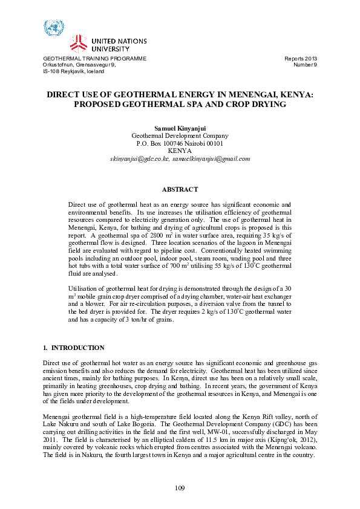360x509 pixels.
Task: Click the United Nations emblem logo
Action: coord(53,28)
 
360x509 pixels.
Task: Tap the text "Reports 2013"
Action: coord(301,59)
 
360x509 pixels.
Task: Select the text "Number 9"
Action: coord(305,65)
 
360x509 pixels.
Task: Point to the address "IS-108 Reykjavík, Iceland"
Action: coord(73,71)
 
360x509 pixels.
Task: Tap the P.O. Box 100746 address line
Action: coord(180,144)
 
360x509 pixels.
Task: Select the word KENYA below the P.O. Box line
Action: coord(180,151)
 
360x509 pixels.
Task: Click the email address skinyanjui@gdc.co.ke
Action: coord(139,158)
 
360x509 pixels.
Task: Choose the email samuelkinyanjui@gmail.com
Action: coord(211,158)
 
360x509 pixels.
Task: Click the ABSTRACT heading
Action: coord(180,190)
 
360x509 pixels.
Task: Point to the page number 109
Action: coord(180,488)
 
